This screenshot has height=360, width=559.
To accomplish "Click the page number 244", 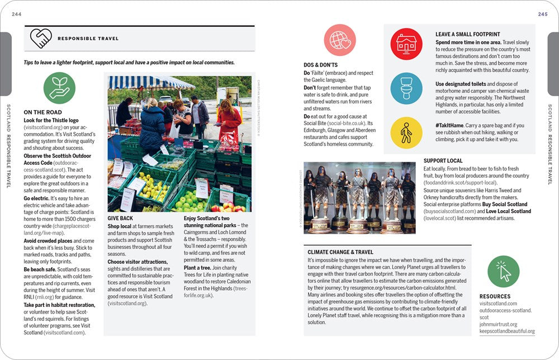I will [x=16, y=14].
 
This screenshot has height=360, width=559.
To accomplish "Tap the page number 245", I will [x=542, y=14].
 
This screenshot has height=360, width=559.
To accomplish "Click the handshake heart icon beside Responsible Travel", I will [x=40, y=38].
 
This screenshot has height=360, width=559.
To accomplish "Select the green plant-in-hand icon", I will [x=59, y=88].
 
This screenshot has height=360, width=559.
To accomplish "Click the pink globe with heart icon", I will [x=340, y=40].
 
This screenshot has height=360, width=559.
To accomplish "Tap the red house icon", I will [x=406, y=44].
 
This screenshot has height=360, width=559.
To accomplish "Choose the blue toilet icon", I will [x=406, y=88].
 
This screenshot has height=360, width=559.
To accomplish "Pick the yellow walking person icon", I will [x=406, y=132].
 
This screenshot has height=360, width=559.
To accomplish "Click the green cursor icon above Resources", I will [x=503, y=272].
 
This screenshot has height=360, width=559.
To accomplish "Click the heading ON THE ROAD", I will [x=42, y=112].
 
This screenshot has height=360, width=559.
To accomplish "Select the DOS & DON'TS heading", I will [x=321, y=65].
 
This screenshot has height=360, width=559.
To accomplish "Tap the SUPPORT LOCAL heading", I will [x=443, y=161].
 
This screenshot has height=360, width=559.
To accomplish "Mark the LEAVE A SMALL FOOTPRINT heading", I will [x=467, y=35].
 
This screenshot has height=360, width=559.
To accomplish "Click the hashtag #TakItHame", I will [x=452, y=126].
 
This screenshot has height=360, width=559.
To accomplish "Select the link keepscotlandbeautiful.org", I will [x=506, y=331].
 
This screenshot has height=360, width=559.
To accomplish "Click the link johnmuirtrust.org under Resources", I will [x=498, y=324].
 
